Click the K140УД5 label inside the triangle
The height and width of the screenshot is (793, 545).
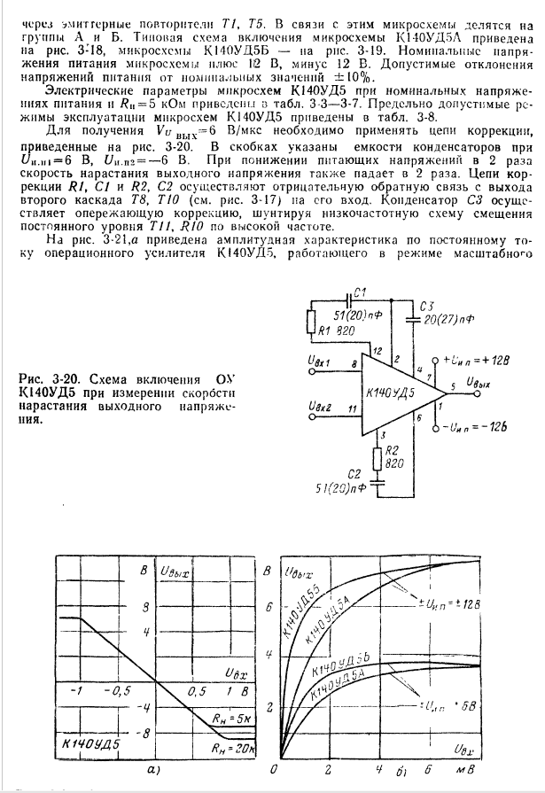click(385, 393)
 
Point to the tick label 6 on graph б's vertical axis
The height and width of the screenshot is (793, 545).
click(269, 606)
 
